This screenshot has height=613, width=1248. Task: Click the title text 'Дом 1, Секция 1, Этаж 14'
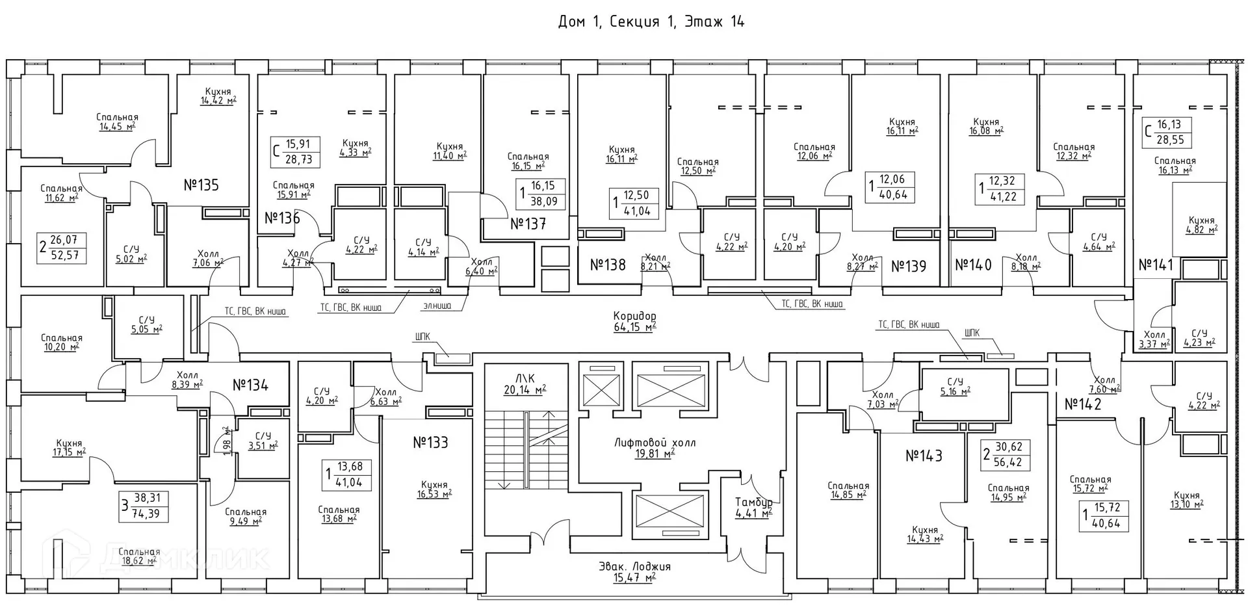coord(651,22)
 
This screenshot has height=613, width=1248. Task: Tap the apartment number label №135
coord(201,185)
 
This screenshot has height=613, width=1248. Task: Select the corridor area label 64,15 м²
coord(634,328)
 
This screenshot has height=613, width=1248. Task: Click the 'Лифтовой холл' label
coord(655,443)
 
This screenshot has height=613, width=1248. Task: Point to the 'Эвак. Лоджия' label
coord(634,566)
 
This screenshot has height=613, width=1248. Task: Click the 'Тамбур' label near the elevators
coord(753,502)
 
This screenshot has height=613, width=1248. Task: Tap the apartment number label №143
coord(924,456)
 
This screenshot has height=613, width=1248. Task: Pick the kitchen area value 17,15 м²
coord(68,452)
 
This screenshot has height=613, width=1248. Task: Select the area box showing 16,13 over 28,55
coord(1168,132)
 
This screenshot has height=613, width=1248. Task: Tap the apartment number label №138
coord(608,265)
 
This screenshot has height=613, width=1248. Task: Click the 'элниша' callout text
coord(437,306)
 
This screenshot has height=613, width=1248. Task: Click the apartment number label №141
coord(1156,265)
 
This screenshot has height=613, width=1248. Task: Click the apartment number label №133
coord(430,443)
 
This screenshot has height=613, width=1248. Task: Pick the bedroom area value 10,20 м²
coord(61,347)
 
